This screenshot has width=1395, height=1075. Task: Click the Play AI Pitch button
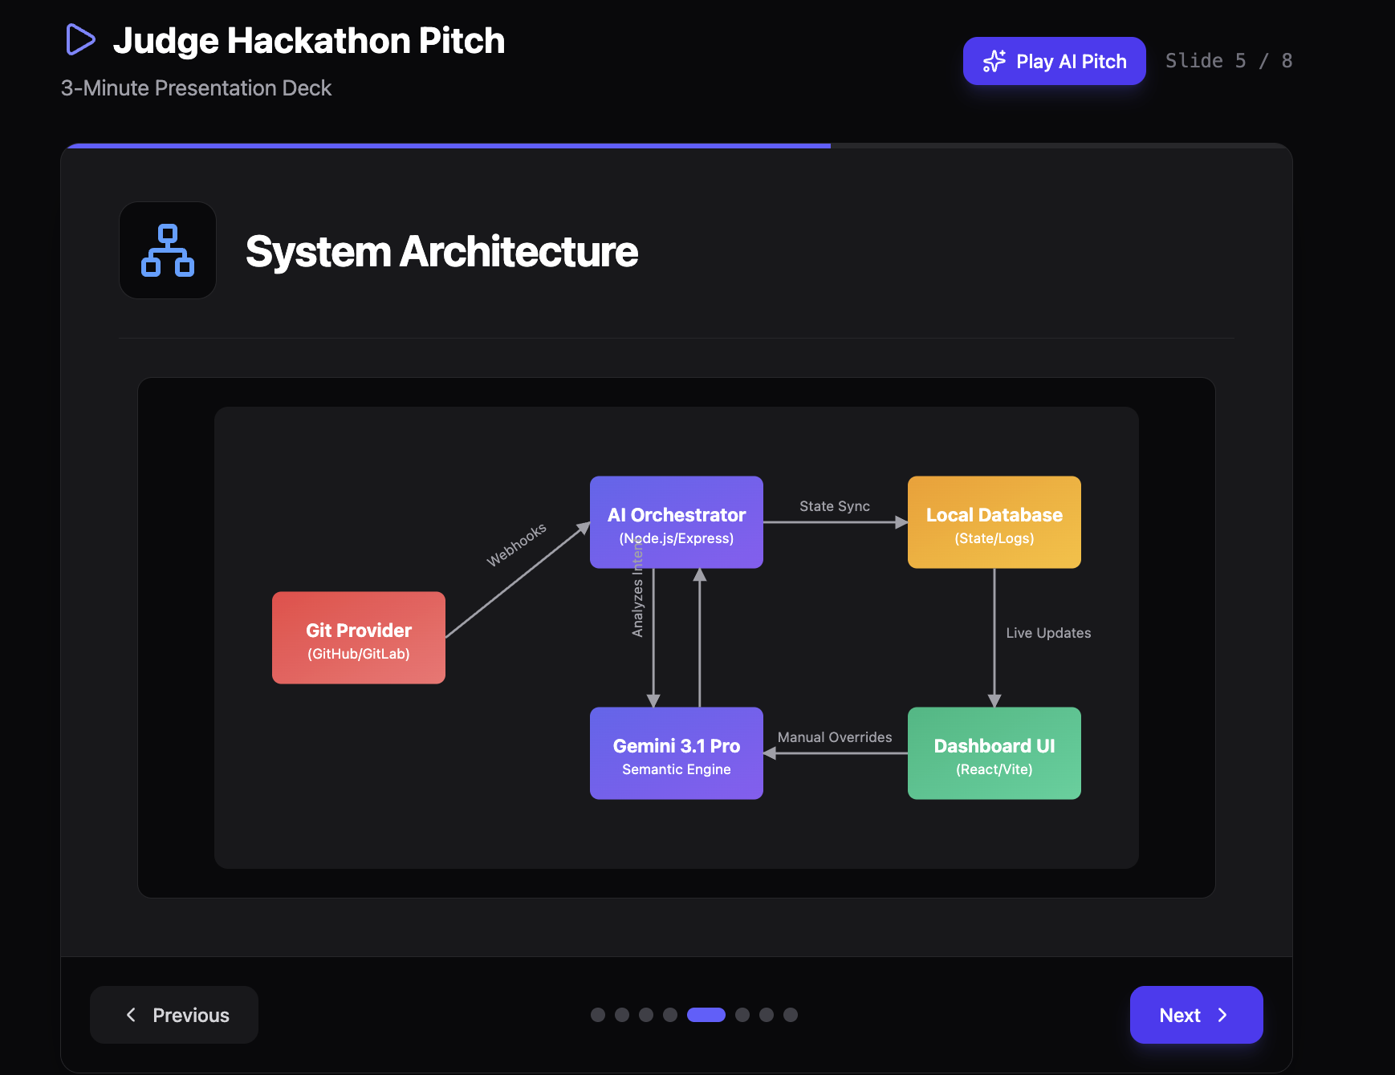tap(1054, 61)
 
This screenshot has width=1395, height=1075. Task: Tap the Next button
tap(1196, 1015)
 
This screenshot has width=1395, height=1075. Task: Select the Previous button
tap(174, 1015)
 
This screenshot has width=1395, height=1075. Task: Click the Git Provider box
tap(359, 638)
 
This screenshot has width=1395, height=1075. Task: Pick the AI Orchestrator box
tap(677, 522)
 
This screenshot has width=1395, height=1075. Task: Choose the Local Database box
tap(994, 522)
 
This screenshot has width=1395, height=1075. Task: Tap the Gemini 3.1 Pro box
tap(677, 753)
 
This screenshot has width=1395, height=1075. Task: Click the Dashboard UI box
tap(994, 753)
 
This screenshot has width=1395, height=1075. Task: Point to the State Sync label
tap(835, 506)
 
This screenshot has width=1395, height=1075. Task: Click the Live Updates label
tap(1048, 633)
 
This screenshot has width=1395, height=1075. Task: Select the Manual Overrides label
tap(835, 737)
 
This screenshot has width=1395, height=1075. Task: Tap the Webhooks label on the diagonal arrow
tap(517, 545)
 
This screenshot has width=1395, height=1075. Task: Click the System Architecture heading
tap(441, 251)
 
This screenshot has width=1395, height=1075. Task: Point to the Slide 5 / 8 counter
tap(1229, 61)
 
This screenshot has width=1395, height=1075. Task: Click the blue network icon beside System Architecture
tap(168, 250)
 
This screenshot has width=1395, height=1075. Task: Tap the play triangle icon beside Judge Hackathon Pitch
tap(80, 39)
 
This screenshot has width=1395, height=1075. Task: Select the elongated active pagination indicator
tap(706, 1015)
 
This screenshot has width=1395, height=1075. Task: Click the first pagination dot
tap(598, 1015)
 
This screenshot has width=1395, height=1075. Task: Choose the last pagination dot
tap(791, 1015)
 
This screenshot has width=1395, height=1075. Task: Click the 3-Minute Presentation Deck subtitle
tap(196, 88)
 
